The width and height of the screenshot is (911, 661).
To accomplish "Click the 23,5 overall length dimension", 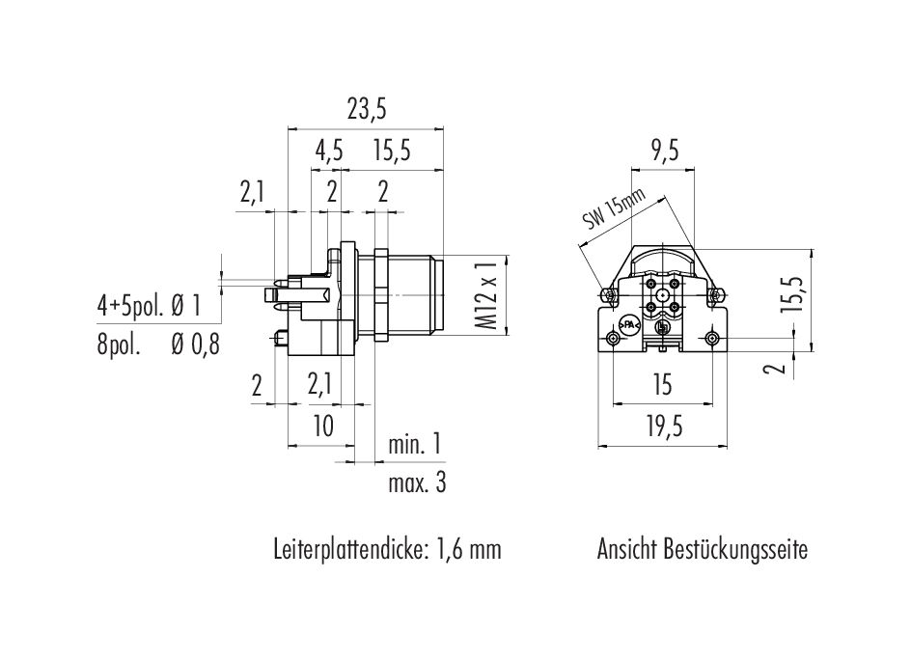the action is pos(367,110).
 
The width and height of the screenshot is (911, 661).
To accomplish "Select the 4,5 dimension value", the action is pos(329,151).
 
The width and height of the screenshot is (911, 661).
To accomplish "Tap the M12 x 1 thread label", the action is pos(486,295).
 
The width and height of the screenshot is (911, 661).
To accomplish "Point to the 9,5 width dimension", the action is pos(664,151).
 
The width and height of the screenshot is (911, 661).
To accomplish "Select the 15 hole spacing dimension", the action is pos(662,385).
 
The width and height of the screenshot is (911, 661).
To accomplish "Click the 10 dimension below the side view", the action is pos(323,427).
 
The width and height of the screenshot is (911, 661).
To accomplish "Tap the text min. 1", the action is pos(415,445).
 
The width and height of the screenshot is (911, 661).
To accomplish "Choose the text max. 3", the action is pos(417,482).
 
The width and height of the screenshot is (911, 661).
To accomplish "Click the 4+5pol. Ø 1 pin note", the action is pos(149,306).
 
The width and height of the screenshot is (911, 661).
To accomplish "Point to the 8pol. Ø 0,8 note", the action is pos(158,345).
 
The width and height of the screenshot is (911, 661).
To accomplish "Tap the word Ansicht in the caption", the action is pos(626,549).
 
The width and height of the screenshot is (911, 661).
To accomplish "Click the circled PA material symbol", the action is pos(628,326).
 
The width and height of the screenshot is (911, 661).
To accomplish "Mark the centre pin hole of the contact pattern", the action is pos(663,294).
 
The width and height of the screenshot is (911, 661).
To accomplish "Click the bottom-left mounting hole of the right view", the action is pos(613,339).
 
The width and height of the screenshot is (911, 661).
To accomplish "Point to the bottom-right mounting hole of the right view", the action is pos(713,339).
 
